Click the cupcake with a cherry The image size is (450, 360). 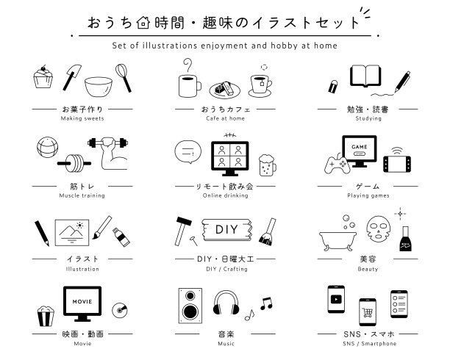click(43, 77)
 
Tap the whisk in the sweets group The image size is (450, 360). click(124, 77)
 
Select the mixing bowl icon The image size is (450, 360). click(99, 87)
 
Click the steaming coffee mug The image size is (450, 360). click(189, 85)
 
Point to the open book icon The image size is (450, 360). click(365, 76)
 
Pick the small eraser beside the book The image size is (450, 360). click(333, 87)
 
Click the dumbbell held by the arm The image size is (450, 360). click(108, 143)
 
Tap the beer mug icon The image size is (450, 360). click(267, 165)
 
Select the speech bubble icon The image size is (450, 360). click(188, 152)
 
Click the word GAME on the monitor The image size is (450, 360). click(360, 147)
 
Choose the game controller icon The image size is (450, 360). click(337, 165)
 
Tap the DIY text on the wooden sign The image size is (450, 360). click(226, 229)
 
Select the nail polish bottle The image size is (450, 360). click(405, 239)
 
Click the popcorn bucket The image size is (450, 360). click(46, 316)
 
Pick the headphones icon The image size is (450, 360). click(226, 303)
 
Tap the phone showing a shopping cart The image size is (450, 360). click(368, 312)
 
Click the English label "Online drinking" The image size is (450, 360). click(225, 195)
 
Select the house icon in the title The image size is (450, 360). click(143, 23)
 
